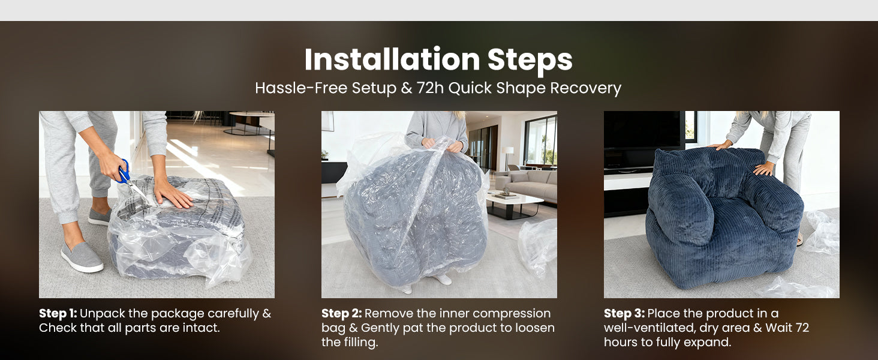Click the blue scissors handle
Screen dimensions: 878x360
tap(124, 172)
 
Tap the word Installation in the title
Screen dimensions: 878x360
tap(392, 59)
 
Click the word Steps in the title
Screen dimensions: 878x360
tap(530, 61)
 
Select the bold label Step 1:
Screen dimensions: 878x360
tap(58, 314)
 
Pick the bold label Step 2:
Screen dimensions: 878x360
tap(341, 314)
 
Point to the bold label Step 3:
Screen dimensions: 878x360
tap(624, 314)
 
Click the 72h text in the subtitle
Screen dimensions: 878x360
tap(430, 88)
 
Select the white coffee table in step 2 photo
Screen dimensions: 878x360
tap(514, 204)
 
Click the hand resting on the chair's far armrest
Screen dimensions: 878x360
tap(763, 169)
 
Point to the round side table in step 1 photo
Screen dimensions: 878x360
tap(251, 122)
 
